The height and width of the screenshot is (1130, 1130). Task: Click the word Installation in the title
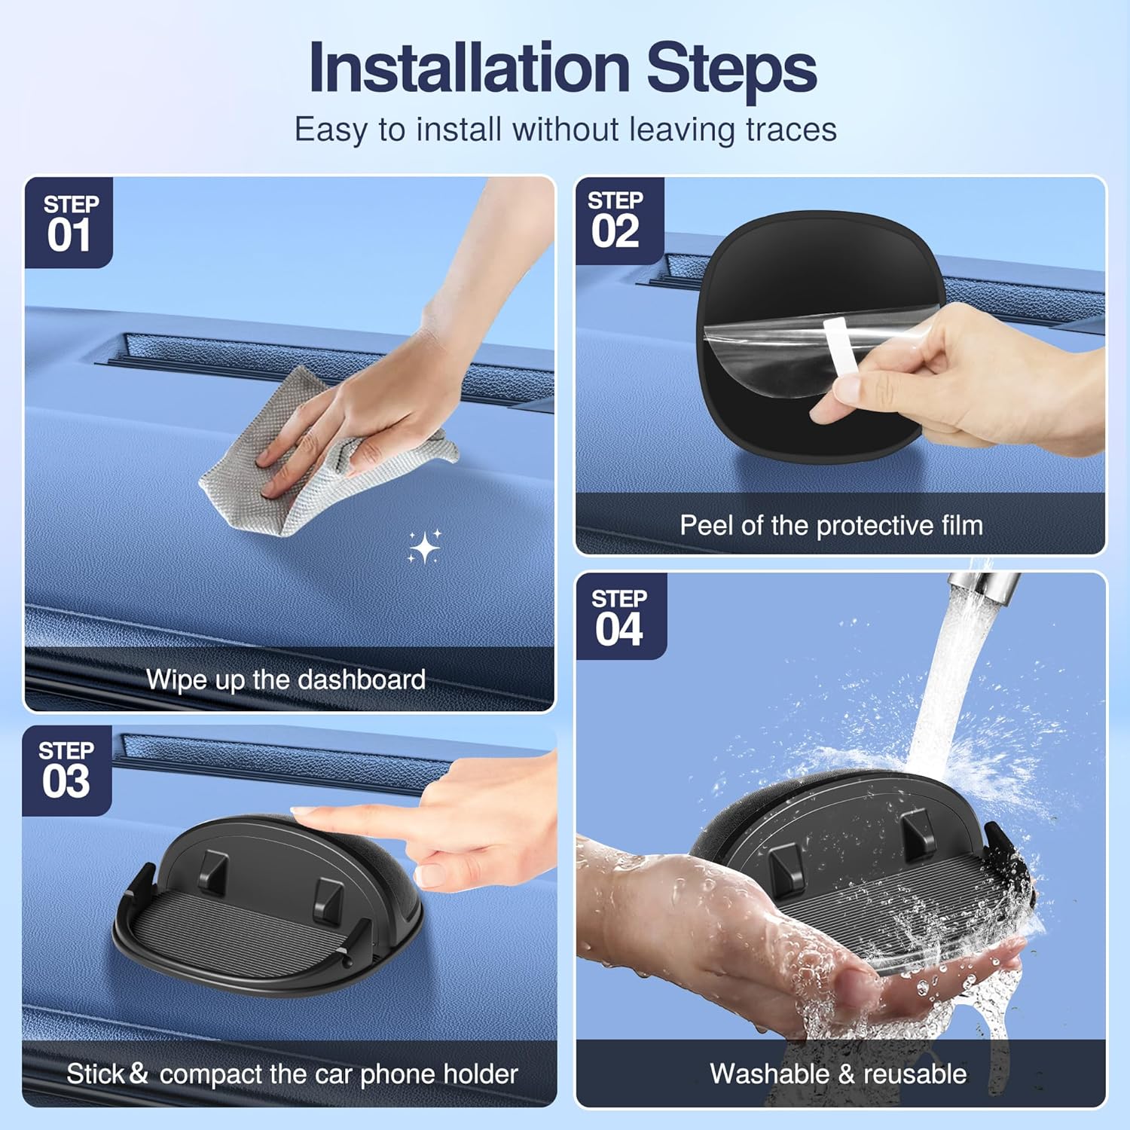click(469, 68)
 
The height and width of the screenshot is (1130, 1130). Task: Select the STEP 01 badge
click(69, 223)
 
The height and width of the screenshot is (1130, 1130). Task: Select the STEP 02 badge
click(616, 221)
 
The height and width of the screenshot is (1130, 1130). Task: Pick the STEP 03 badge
click(66, 771)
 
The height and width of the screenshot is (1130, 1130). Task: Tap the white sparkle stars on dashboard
click(424, 546)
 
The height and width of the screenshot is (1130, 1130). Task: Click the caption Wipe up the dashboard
click(286, 680)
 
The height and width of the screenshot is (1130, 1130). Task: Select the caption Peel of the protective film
click(831, 525)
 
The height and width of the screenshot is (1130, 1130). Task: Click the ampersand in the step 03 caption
click(138, 1073)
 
